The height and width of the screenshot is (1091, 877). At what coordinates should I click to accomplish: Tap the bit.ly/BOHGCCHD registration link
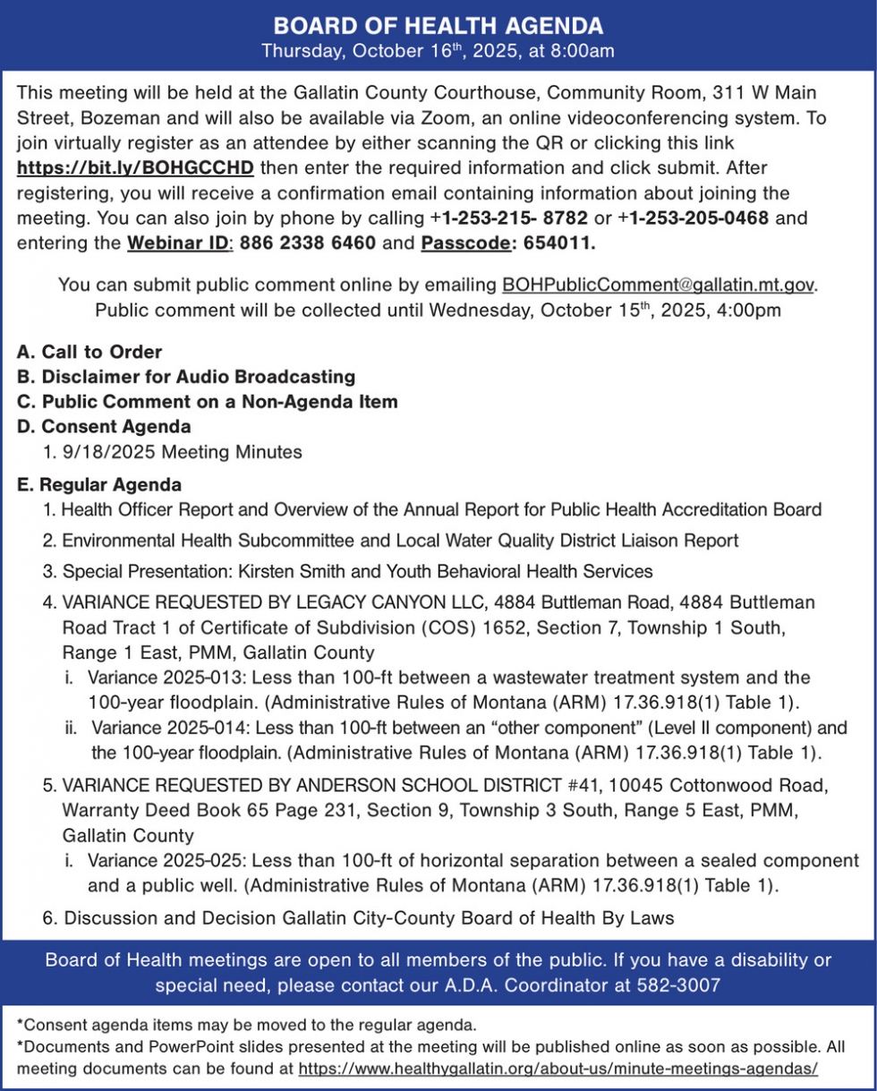pyautogui.click(x=136, y=167)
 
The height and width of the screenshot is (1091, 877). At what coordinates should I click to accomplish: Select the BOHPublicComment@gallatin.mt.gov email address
pyautogui.click(x=659, y=285)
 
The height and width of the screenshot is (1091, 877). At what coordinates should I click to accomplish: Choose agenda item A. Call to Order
pyautogui.click(x=89, y=353)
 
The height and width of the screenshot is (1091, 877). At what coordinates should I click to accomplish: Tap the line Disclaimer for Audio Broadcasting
pyautogui.click(x=198, y=377)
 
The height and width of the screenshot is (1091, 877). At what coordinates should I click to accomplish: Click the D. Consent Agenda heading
pyautogui.click(x=104, y=427)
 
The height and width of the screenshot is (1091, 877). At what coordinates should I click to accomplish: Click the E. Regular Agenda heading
pyautogui.click(x=99, y=485)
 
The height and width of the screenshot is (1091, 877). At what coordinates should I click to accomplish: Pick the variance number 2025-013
pyautogui.click(x=187, y=678)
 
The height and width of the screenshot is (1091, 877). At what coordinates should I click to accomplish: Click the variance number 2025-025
pyautogui.click(x=187, y=861)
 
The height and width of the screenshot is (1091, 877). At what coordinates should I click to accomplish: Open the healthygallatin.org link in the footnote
pyautogui.click(x=558, y=1069)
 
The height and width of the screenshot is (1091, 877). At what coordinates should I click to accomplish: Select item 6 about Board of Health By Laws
pyautogui.click(x=358, y=917)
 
